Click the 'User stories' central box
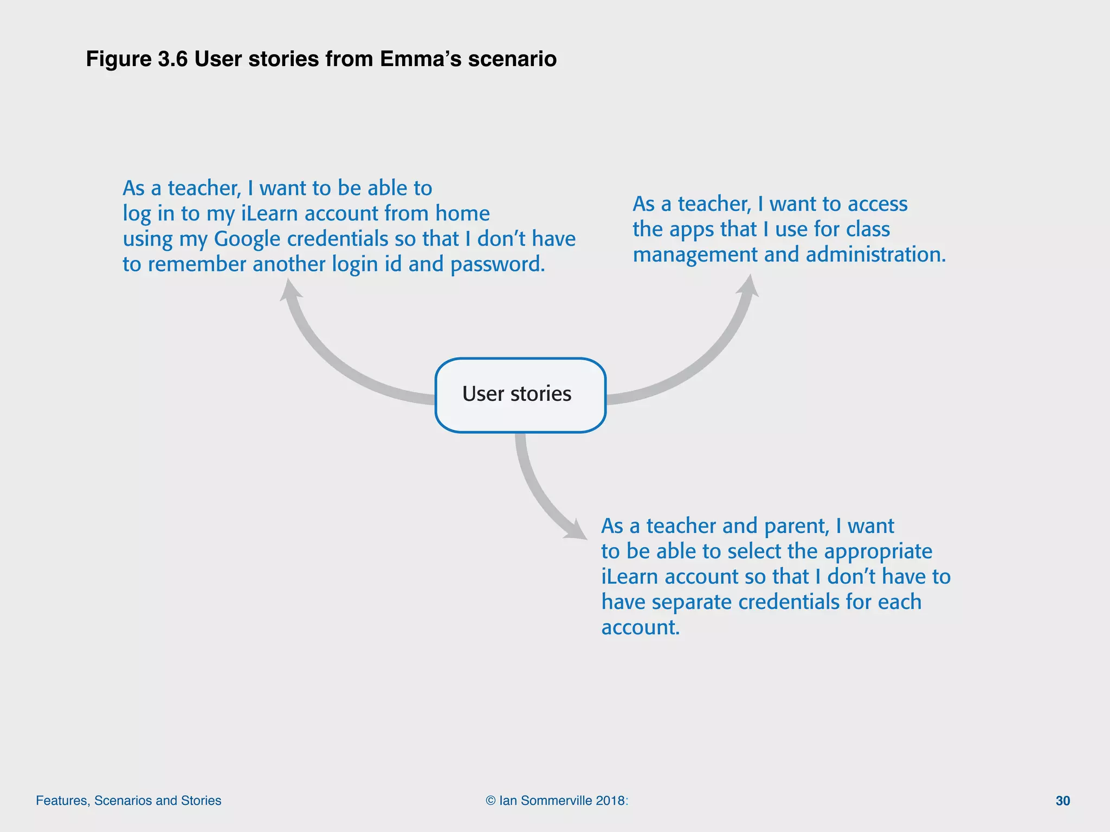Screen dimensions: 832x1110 (x=520, y=395)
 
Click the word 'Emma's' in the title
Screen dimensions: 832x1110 (x=421, y=59)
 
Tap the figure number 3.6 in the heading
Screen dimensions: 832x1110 (x=172, y=59)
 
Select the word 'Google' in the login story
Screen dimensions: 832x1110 (x=247, y=239)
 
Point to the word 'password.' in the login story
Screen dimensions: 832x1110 (x=498, y=265)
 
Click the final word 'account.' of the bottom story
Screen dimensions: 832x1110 (x=640, y=627)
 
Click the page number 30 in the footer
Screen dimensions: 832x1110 (x=1062, y=801)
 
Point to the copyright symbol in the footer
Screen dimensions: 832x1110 (x=491, y=801)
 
